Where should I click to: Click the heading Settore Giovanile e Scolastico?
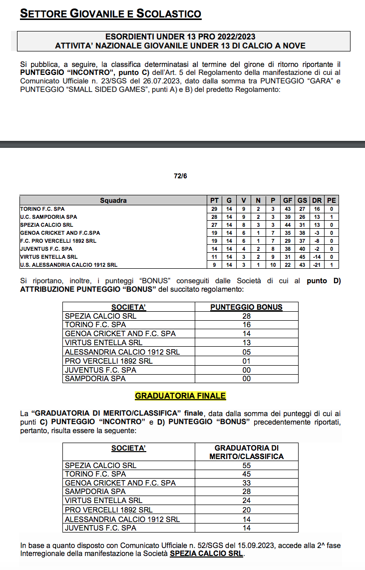click(110, 13)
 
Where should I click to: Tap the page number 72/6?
click(181, 176)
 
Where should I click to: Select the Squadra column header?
click(113, 200)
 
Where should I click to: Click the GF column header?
click(288, 200)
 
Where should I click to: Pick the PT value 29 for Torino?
click(214, 209)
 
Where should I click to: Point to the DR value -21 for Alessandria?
click(317, 265)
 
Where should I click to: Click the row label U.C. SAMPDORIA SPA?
click(48, 217)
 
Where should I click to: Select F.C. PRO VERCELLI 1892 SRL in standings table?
click(58, 241)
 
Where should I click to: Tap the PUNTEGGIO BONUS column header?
click(246, 307)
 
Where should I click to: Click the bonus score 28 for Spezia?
click(246, 316)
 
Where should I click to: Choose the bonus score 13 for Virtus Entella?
click(246, 343)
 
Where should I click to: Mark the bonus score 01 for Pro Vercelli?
click(246, 361)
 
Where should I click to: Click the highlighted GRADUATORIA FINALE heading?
click(180, 396)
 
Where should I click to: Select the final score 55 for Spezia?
click(246, 465)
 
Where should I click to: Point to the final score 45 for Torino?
click(246, 474)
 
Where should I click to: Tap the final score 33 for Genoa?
click(246, 483)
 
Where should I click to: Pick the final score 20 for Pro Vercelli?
click(246, 510)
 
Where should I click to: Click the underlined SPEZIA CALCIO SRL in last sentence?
click(207, 554)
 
